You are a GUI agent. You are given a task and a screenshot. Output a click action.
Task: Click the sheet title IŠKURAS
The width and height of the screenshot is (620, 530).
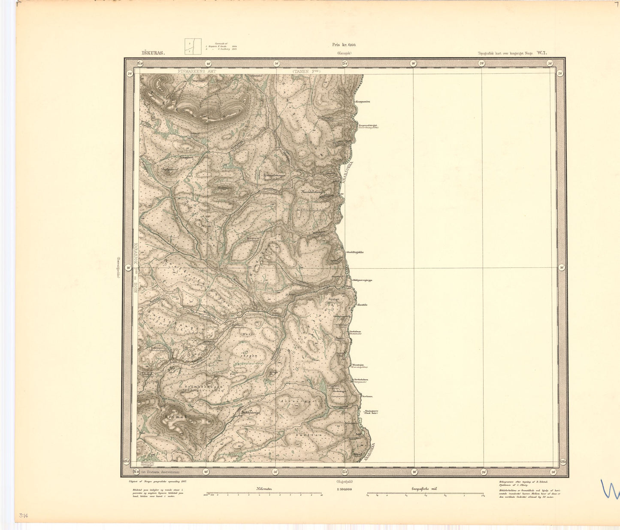[x=152, y=54]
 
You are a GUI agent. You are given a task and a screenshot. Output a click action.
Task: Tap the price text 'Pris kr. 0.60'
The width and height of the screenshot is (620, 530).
[x=344, y=45]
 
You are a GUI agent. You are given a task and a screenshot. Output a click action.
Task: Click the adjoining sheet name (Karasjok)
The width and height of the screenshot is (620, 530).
[x=343, y=54]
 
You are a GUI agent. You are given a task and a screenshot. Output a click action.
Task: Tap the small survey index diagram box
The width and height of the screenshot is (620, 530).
[x=193, y=47]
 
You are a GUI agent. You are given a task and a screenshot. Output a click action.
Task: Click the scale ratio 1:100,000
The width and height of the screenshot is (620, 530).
[x=344, y=489]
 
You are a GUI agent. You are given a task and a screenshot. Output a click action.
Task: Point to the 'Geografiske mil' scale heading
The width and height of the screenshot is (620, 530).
[x=424, y=489]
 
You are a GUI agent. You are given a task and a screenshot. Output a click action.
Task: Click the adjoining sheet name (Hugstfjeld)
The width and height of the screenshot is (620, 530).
[x=344, y=482]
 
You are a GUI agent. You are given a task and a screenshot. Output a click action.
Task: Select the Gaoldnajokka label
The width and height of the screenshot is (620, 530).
[x=355, y=252]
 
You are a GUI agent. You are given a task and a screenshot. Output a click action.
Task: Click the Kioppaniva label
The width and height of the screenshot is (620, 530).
[x=363, y=102]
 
